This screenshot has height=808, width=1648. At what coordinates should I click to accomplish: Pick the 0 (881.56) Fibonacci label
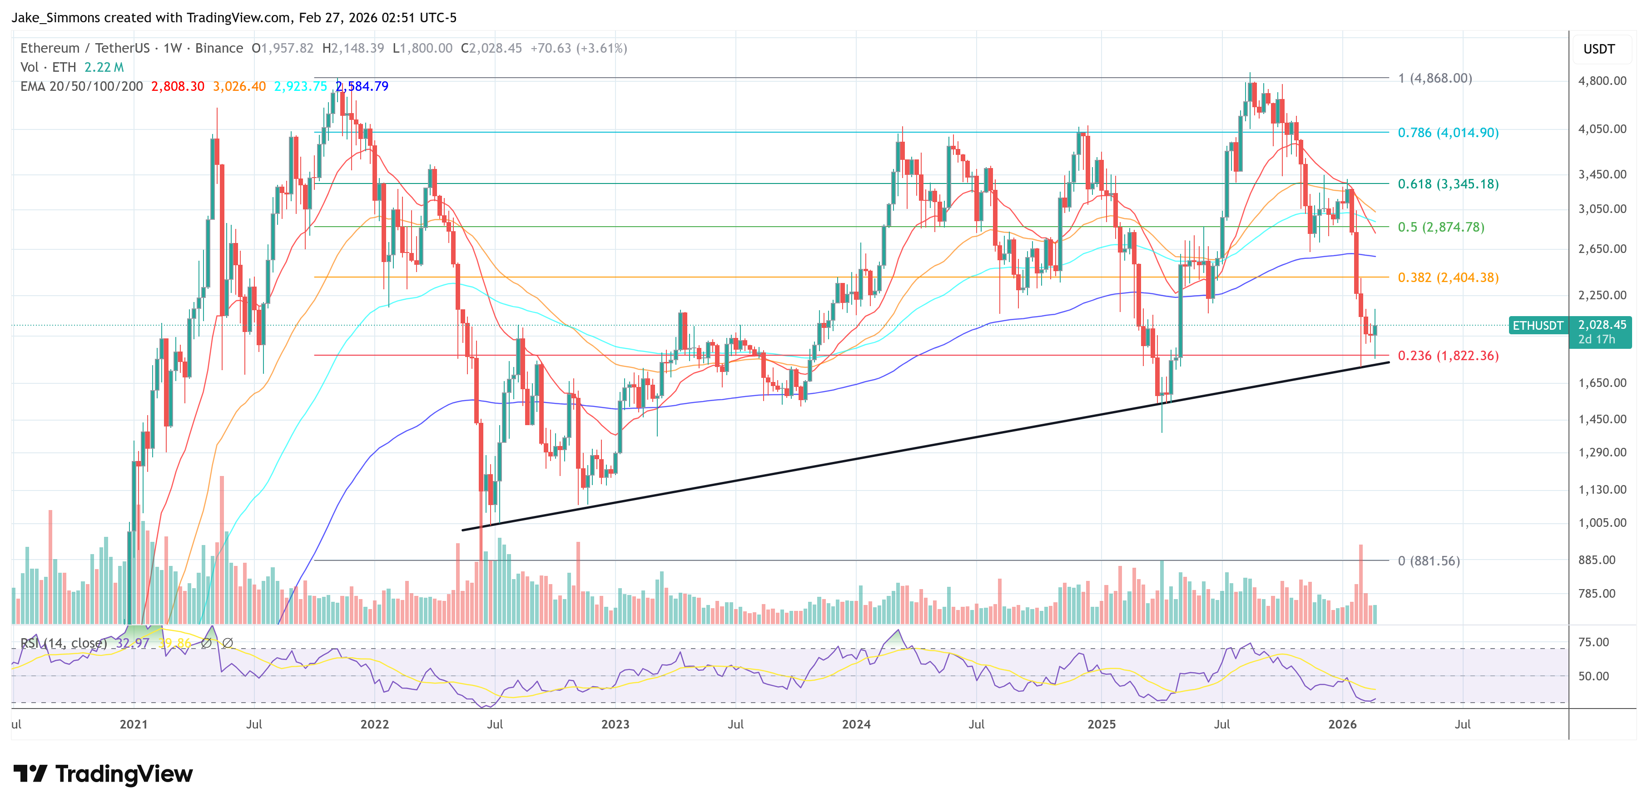(1429, 561)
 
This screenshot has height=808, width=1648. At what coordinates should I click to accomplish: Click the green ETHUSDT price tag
(1537, 326)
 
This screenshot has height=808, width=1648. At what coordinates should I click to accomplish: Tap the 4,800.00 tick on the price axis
(1602, 80)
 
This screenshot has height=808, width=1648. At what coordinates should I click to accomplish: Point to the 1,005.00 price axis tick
(1602, 523)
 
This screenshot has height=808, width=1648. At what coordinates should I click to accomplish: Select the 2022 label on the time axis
(374, 724)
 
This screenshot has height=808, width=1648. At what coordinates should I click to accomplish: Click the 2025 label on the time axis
(1101, 724)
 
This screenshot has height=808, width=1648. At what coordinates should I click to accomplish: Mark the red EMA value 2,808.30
(177, 86)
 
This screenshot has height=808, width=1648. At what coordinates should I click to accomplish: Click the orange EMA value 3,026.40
(239, 86)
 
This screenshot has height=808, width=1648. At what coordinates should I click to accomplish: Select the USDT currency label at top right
(1599, 49)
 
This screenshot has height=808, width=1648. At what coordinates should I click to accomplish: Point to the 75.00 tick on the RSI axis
(1593, 642)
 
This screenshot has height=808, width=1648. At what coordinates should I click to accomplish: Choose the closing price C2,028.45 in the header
(491, 48)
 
